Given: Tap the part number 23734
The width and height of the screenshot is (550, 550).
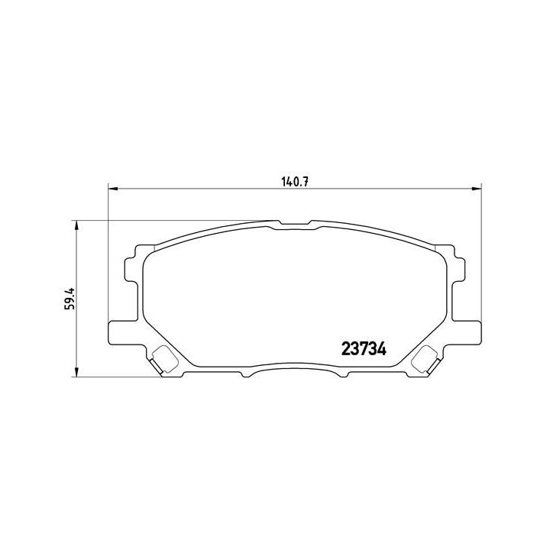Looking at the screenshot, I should click(361, 348).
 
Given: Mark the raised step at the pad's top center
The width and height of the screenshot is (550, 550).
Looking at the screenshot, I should click(294, 225).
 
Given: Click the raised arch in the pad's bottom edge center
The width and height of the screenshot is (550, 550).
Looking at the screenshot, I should click(293, 369).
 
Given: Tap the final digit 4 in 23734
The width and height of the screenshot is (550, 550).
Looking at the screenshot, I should click(380, 348).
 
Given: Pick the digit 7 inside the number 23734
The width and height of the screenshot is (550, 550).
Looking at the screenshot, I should click(361, 348).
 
